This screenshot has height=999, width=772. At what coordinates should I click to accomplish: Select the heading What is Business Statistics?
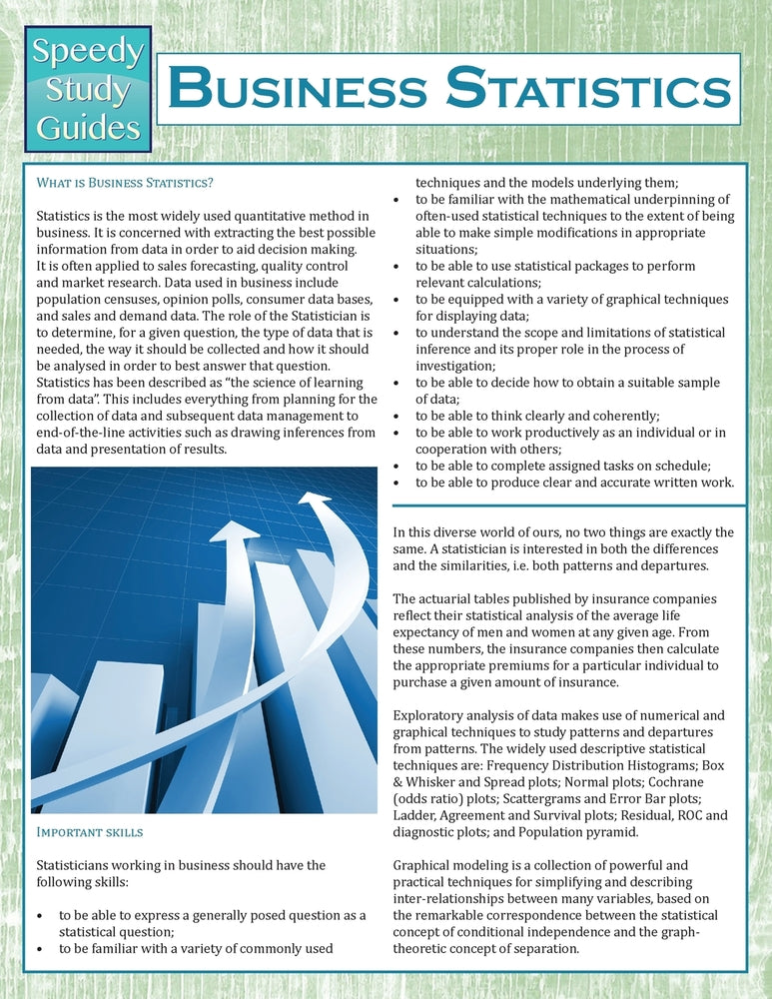pos(125,183)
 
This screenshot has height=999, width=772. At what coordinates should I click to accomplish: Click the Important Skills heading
pos(90,831)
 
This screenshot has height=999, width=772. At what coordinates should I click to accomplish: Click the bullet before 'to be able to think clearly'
pos(399,417)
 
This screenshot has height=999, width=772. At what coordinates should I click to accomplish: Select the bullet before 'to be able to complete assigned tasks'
pos(399,466)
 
